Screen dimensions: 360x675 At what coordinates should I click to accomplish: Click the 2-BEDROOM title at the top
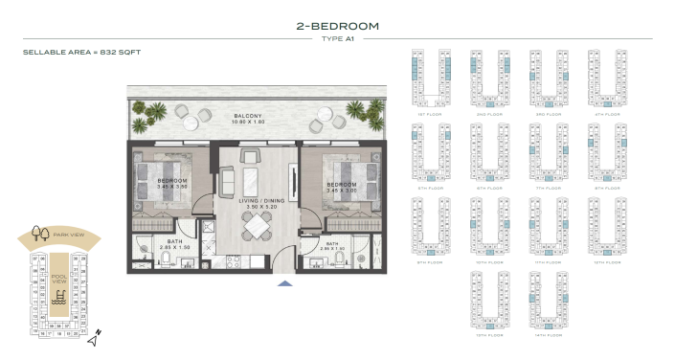[337, 26]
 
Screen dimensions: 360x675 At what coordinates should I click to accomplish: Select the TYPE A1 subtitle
[337, 39]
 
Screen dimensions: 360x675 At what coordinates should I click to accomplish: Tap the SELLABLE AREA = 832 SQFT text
[81, 52]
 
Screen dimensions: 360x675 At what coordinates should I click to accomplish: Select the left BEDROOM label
[171, 182]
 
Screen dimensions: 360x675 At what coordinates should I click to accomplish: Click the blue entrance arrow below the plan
[284, 283]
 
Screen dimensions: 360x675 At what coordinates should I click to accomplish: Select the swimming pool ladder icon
[60, 300]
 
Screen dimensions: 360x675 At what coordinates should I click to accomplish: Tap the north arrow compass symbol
[94, 338]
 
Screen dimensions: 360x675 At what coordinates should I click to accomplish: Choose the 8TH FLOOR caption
[605, 188]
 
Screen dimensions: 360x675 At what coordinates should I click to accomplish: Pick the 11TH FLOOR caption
[547, 260]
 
